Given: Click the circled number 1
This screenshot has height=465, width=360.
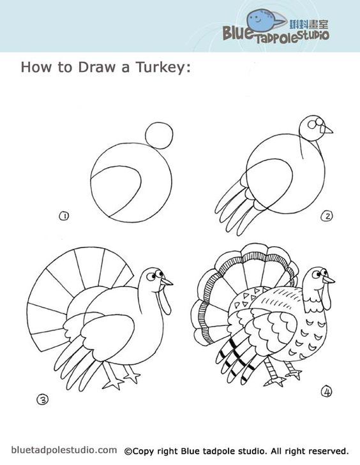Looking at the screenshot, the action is click(64, 216).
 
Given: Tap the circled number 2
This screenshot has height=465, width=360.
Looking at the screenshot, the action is click(327, 216).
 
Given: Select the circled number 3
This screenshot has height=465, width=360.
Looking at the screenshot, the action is click(42, 400).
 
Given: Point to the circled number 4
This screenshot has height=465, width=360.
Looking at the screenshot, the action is click(326, 392).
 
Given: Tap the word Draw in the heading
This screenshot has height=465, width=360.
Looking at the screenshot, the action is click(96, 67).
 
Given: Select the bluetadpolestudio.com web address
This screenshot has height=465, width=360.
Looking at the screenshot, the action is click(64, 450).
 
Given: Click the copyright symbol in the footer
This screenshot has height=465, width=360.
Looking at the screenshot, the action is click(128, 452).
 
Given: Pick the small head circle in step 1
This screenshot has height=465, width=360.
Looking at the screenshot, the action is click(159, 135).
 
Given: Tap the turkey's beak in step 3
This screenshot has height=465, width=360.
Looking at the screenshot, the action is click(167, 281).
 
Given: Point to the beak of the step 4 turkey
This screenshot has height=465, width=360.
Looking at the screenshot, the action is click(329, 279).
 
